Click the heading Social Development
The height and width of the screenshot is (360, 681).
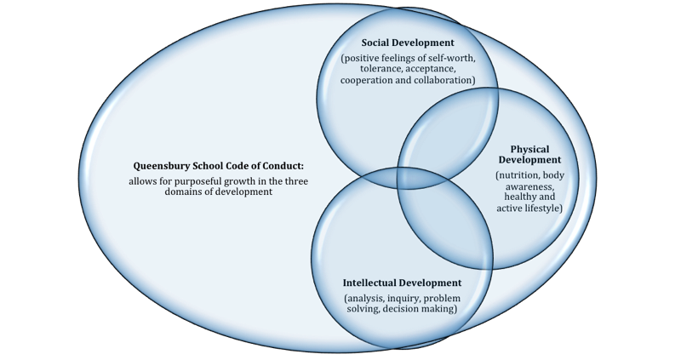click(x=408, y=43)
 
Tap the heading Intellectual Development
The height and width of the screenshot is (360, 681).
click(x=402, y=283)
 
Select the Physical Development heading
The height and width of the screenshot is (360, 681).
click(x=529, y=154)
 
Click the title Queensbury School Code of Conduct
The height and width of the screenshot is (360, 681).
click(x=219, y=166)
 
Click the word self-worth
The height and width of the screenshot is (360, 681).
click(x=449, y=58)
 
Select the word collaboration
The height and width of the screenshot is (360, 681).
click(x=443, y=80)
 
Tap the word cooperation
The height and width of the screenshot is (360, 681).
click(x=369, y=80)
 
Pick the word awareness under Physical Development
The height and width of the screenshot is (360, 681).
click(x=529, y=186)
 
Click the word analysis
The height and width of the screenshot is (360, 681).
click(x=369, y=298)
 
